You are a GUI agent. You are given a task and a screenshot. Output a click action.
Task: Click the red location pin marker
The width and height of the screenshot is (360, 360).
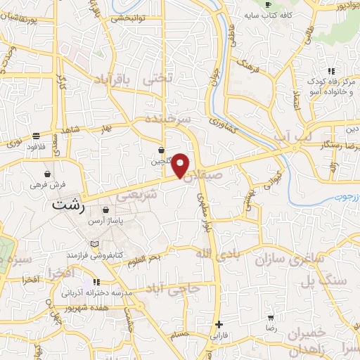point(181,165)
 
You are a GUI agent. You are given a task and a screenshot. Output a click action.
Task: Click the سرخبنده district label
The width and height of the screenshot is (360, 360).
point(168,120)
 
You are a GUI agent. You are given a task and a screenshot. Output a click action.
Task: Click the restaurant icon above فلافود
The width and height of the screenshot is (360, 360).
point(37,135)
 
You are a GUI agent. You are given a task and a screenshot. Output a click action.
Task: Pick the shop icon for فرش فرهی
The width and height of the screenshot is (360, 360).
point(47,174)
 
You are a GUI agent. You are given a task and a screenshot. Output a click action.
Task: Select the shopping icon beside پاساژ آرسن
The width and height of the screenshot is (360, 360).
point(105,210)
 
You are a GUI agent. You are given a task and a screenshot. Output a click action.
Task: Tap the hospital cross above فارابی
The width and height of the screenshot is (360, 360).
point(220,324)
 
